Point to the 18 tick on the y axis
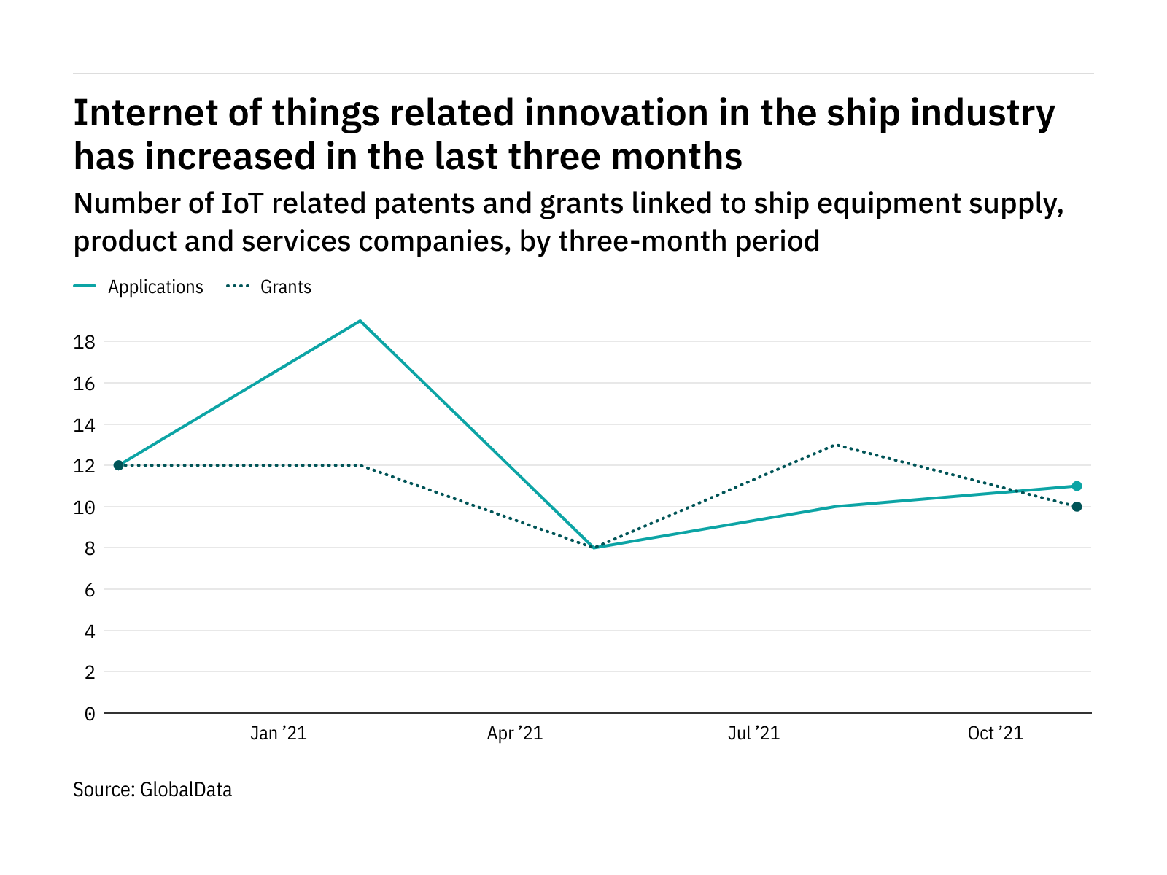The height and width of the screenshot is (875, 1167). coord(85,342)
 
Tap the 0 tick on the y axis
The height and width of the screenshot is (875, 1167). coord(90,714)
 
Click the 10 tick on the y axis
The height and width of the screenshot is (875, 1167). coord(85,507)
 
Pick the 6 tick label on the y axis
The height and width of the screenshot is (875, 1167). coord(90,590)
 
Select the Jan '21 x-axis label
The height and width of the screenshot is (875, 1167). coord(278,734)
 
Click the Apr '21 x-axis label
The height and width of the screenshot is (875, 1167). coord(515,734)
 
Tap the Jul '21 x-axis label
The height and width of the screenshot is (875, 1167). coord(753,734)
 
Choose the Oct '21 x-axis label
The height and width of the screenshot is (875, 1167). coord(995,734)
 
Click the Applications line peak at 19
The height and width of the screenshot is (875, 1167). coord(360,321)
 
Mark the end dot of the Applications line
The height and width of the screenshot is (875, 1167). coord(1077,486)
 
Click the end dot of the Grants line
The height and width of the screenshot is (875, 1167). coord(1077,507)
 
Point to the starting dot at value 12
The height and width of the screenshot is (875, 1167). coord(119,465)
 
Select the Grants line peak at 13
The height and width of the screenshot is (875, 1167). coord(836,445)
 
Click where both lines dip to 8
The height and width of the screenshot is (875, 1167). coord(595,548)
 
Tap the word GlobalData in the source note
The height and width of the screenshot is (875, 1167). coord(186,790)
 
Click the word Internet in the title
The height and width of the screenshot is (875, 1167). coord(136,114)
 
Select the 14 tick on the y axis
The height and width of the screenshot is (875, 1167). coord(85,425)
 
